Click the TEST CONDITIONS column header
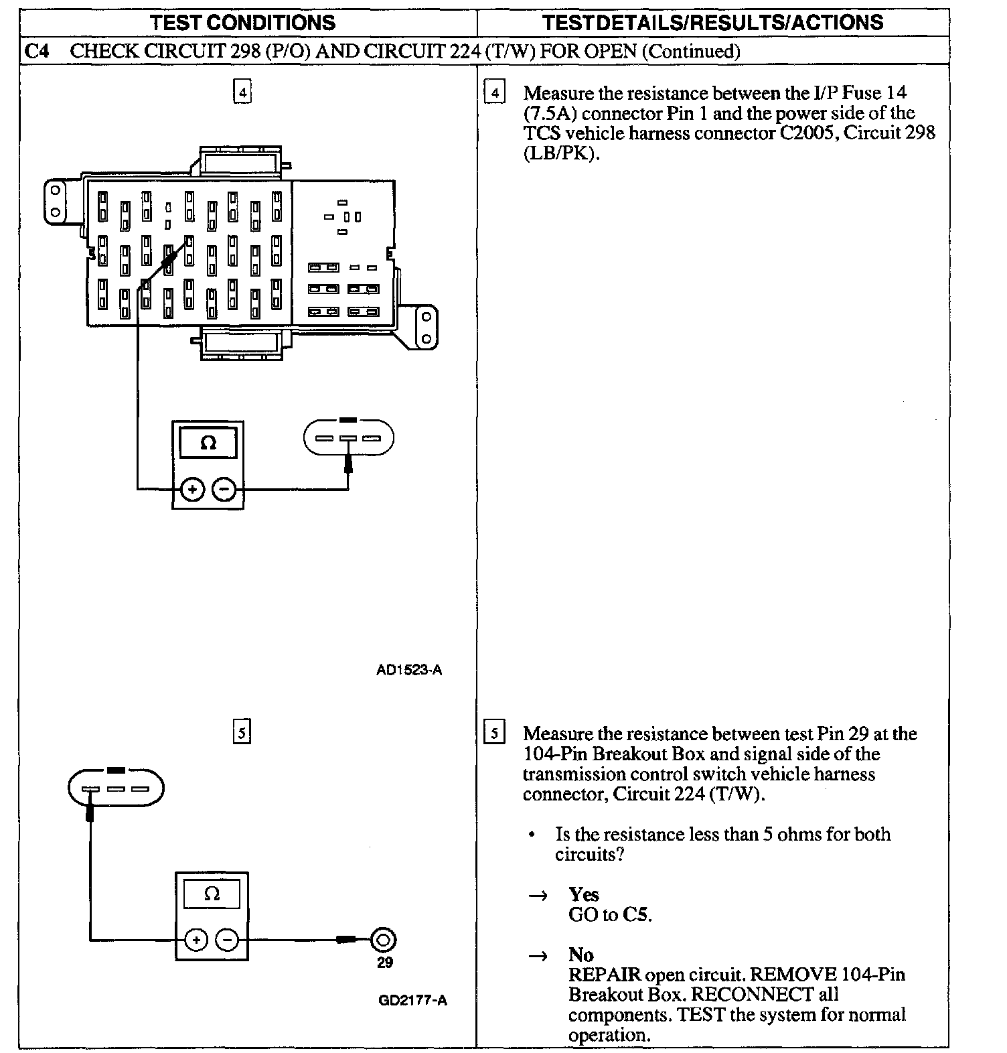(242, 23)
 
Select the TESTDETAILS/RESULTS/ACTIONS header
(712, 23)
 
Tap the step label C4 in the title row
(37, 52)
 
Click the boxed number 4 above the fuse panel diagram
(242, 91)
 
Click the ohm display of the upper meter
(208, 443)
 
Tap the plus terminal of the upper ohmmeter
(192, 490)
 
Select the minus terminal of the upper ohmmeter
(224, 490)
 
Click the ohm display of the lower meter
(212, 894)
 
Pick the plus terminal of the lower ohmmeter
(196, 940)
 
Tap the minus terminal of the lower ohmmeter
(228, 940)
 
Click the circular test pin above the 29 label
(384, 940)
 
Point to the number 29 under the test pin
(385, 963)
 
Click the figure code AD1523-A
(409, 670)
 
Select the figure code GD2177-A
(412, 1001)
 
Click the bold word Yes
(584, 894)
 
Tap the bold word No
(580, 955)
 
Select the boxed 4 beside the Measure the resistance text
(494, 92)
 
